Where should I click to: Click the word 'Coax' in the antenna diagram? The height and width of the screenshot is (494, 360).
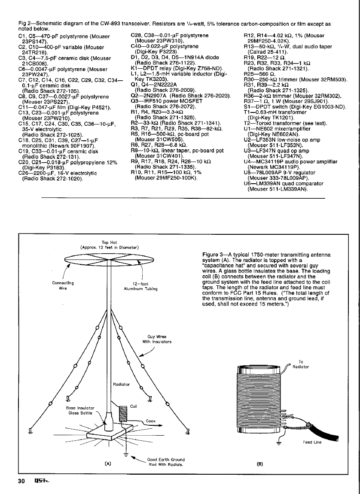pos(150,421)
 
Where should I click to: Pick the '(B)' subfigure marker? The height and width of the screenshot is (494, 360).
pos(260,464)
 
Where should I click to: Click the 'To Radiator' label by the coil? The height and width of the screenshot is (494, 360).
pos(303,364)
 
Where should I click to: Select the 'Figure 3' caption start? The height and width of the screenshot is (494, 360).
pos(211,255)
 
